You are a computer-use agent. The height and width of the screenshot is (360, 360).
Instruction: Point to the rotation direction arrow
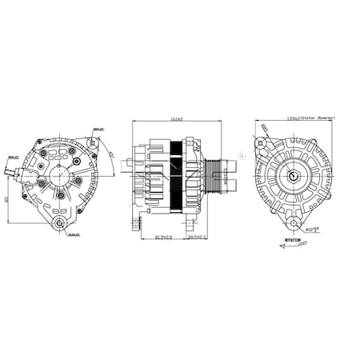(293, 246)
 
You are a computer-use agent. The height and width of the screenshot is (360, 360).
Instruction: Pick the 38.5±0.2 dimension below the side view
(197, 237)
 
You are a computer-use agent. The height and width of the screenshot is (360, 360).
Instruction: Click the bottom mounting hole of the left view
(60, 223)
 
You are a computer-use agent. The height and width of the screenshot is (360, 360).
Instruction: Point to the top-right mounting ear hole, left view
(91, 142)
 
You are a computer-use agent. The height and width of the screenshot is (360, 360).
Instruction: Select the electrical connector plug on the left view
(14, 170)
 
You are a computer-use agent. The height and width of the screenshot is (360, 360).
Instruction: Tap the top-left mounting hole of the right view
(260, 142)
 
